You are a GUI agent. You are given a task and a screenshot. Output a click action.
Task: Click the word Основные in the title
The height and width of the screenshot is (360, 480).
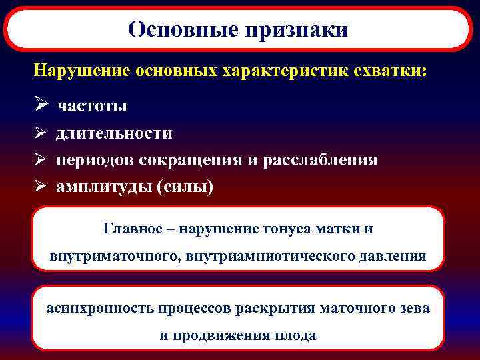pyautogui.click(x=185, y=29)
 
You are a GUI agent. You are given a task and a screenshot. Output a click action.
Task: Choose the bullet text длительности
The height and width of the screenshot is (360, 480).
pyautogui.click(x=114, y=133)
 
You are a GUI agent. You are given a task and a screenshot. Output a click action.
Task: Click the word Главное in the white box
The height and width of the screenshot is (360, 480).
pyautogui.click(x=133, y=229)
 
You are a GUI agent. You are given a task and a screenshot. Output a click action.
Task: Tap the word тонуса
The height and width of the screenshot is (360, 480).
pyautogui.click(x=295, y=229)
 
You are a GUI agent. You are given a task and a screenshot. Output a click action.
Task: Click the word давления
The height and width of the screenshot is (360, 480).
pyautogui.click(x=393, y=256)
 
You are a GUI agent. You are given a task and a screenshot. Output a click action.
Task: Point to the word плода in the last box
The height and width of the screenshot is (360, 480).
pyautogui.click(x=297, y=336)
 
